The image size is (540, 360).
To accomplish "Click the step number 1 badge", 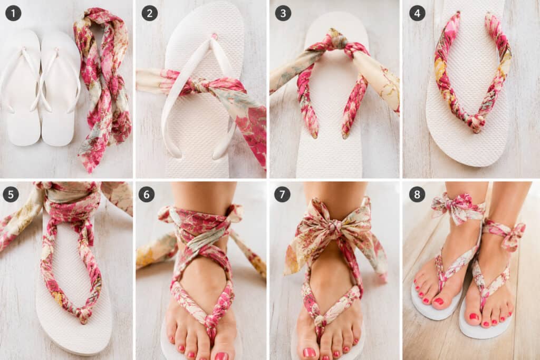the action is (x=13, y=13).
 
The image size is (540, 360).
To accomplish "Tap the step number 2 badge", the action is (x=149, y=13).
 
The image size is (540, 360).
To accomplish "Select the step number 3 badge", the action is (x=283, y=13).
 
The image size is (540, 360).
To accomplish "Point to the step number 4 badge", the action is (x=417, y=13).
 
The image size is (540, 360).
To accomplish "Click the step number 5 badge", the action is (x=11, y=194).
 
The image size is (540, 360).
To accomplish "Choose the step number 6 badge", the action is (x=147, y=194).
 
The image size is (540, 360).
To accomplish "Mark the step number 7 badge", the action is (x=282, y=194).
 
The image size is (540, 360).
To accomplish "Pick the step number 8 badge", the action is (x=417, y=194).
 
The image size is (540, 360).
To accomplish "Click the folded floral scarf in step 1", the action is (x=103, y=86).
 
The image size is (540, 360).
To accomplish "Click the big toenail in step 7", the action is (x=309, y=353).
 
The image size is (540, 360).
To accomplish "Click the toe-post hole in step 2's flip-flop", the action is (x=215, y=36).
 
